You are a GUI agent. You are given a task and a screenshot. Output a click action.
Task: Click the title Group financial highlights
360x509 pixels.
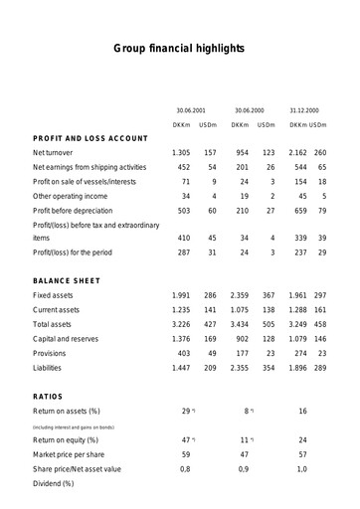tap(179, 47)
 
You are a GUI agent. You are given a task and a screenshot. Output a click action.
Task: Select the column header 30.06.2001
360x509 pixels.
tap(190, 109)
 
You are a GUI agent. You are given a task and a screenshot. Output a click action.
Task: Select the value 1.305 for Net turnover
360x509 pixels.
tap(181, 153)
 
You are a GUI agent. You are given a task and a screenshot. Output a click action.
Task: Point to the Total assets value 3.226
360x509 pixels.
tap(181, 325)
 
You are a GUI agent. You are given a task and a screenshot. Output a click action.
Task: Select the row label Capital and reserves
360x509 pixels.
tap(73, 339)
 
